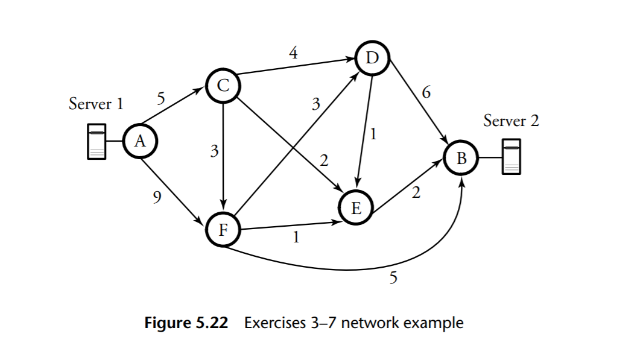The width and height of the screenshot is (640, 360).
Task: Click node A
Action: [140, 142]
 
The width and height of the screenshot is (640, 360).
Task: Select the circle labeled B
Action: [461, 159]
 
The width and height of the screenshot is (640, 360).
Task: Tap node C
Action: [223, 86]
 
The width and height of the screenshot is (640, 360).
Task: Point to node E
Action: [356, 209]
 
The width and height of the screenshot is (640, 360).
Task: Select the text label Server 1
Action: [96, 104]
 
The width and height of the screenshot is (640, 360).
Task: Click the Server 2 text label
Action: [511, 121]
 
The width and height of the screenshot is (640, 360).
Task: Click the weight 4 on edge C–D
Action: [293, 52]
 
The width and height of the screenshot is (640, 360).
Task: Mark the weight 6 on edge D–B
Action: [426, 92]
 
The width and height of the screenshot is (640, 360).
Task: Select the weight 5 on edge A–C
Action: [160, 98]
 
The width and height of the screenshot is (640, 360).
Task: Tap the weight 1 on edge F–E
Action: [296, 238]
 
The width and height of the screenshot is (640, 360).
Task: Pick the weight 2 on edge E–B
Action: [416, 194]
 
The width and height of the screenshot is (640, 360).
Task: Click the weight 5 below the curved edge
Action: [393, 278]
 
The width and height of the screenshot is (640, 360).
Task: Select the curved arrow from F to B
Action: [338, 268]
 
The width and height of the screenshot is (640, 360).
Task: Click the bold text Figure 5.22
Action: [186, 323]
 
